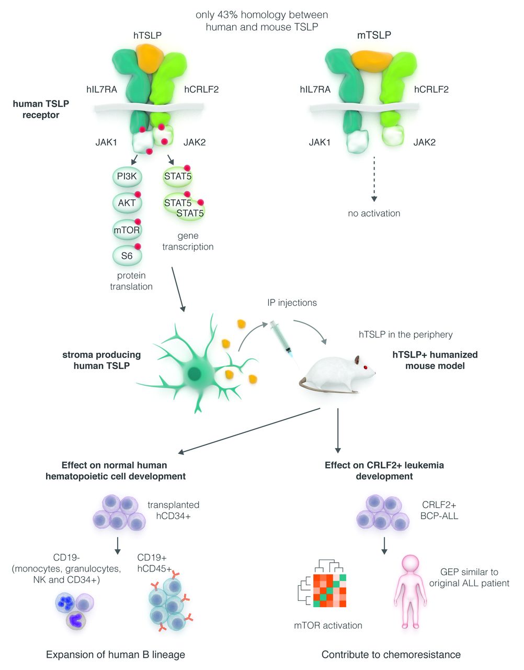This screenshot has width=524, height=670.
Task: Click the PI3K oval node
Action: [127, 176]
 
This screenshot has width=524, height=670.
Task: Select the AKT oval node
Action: [127, 203]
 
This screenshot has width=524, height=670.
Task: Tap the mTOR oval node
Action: [127, 230]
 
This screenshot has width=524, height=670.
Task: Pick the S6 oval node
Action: [127, 256]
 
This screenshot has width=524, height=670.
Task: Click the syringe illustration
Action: [283, 340]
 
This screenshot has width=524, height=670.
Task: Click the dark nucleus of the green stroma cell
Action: [195, 374]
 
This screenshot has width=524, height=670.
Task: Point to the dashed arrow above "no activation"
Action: [374, 178]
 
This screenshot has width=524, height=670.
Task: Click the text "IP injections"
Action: [292, 303]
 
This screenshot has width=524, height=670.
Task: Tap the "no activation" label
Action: [374, 214]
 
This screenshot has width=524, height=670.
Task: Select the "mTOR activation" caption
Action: [328, 626]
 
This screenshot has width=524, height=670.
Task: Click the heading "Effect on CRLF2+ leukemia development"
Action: [384, 471]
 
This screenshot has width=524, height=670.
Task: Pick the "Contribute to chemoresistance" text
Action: [391, 655]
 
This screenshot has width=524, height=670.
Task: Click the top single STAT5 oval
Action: [177, 176]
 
